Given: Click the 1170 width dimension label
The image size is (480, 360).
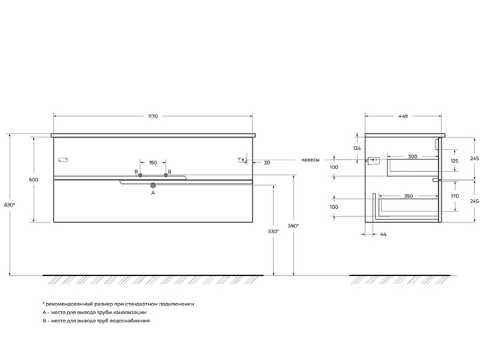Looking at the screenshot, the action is click(153, 116).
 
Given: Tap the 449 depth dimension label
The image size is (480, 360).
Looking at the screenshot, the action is click(403, 116).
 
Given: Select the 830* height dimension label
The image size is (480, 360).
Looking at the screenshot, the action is click(10, 205).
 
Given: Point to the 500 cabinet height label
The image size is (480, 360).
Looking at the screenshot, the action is click(34, 179).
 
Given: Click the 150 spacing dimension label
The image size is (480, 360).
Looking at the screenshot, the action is click(153, 163).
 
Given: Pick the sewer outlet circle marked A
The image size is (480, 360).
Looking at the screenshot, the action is click(153, 185).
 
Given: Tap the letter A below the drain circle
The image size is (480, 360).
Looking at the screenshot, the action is click(153, 193).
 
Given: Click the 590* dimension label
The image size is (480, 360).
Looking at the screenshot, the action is click(293, 226).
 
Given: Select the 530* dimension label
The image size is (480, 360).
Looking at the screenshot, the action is click(274, 232).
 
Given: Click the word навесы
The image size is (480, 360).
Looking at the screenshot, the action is click(310, 160).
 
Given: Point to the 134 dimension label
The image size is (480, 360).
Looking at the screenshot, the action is click(357, 148).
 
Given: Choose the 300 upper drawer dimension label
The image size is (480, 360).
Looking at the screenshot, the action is click(413, 157).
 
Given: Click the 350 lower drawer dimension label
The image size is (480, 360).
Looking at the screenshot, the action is click(409, 196).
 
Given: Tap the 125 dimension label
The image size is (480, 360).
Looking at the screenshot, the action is click(455, 161).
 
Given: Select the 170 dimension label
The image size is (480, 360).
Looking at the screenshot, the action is click(455, 196).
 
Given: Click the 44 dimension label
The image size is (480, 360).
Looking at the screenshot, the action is click(383, 234).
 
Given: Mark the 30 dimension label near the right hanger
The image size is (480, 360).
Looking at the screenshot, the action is click(267, 163).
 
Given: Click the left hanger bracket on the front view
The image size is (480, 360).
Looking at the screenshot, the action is click(63, 160).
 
